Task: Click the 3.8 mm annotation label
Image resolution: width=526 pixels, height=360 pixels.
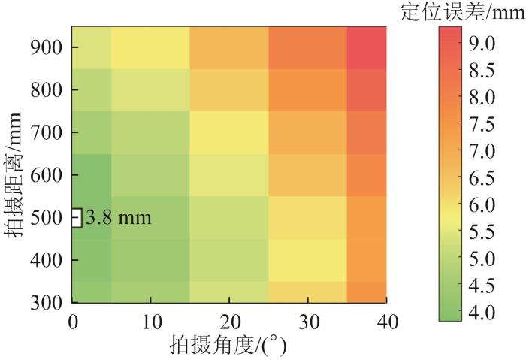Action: click(x=119, y=219)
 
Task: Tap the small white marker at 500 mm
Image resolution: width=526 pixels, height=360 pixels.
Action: click(x=76, y=218)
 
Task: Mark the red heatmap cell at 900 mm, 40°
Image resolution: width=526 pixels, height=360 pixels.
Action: click(x=367, y=47)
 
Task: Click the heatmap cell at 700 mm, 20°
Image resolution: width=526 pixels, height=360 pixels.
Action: click(x=228, y=132)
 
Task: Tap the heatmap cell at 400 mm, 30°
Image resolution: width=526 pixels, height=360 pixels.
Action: click(x=307, y=260)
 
